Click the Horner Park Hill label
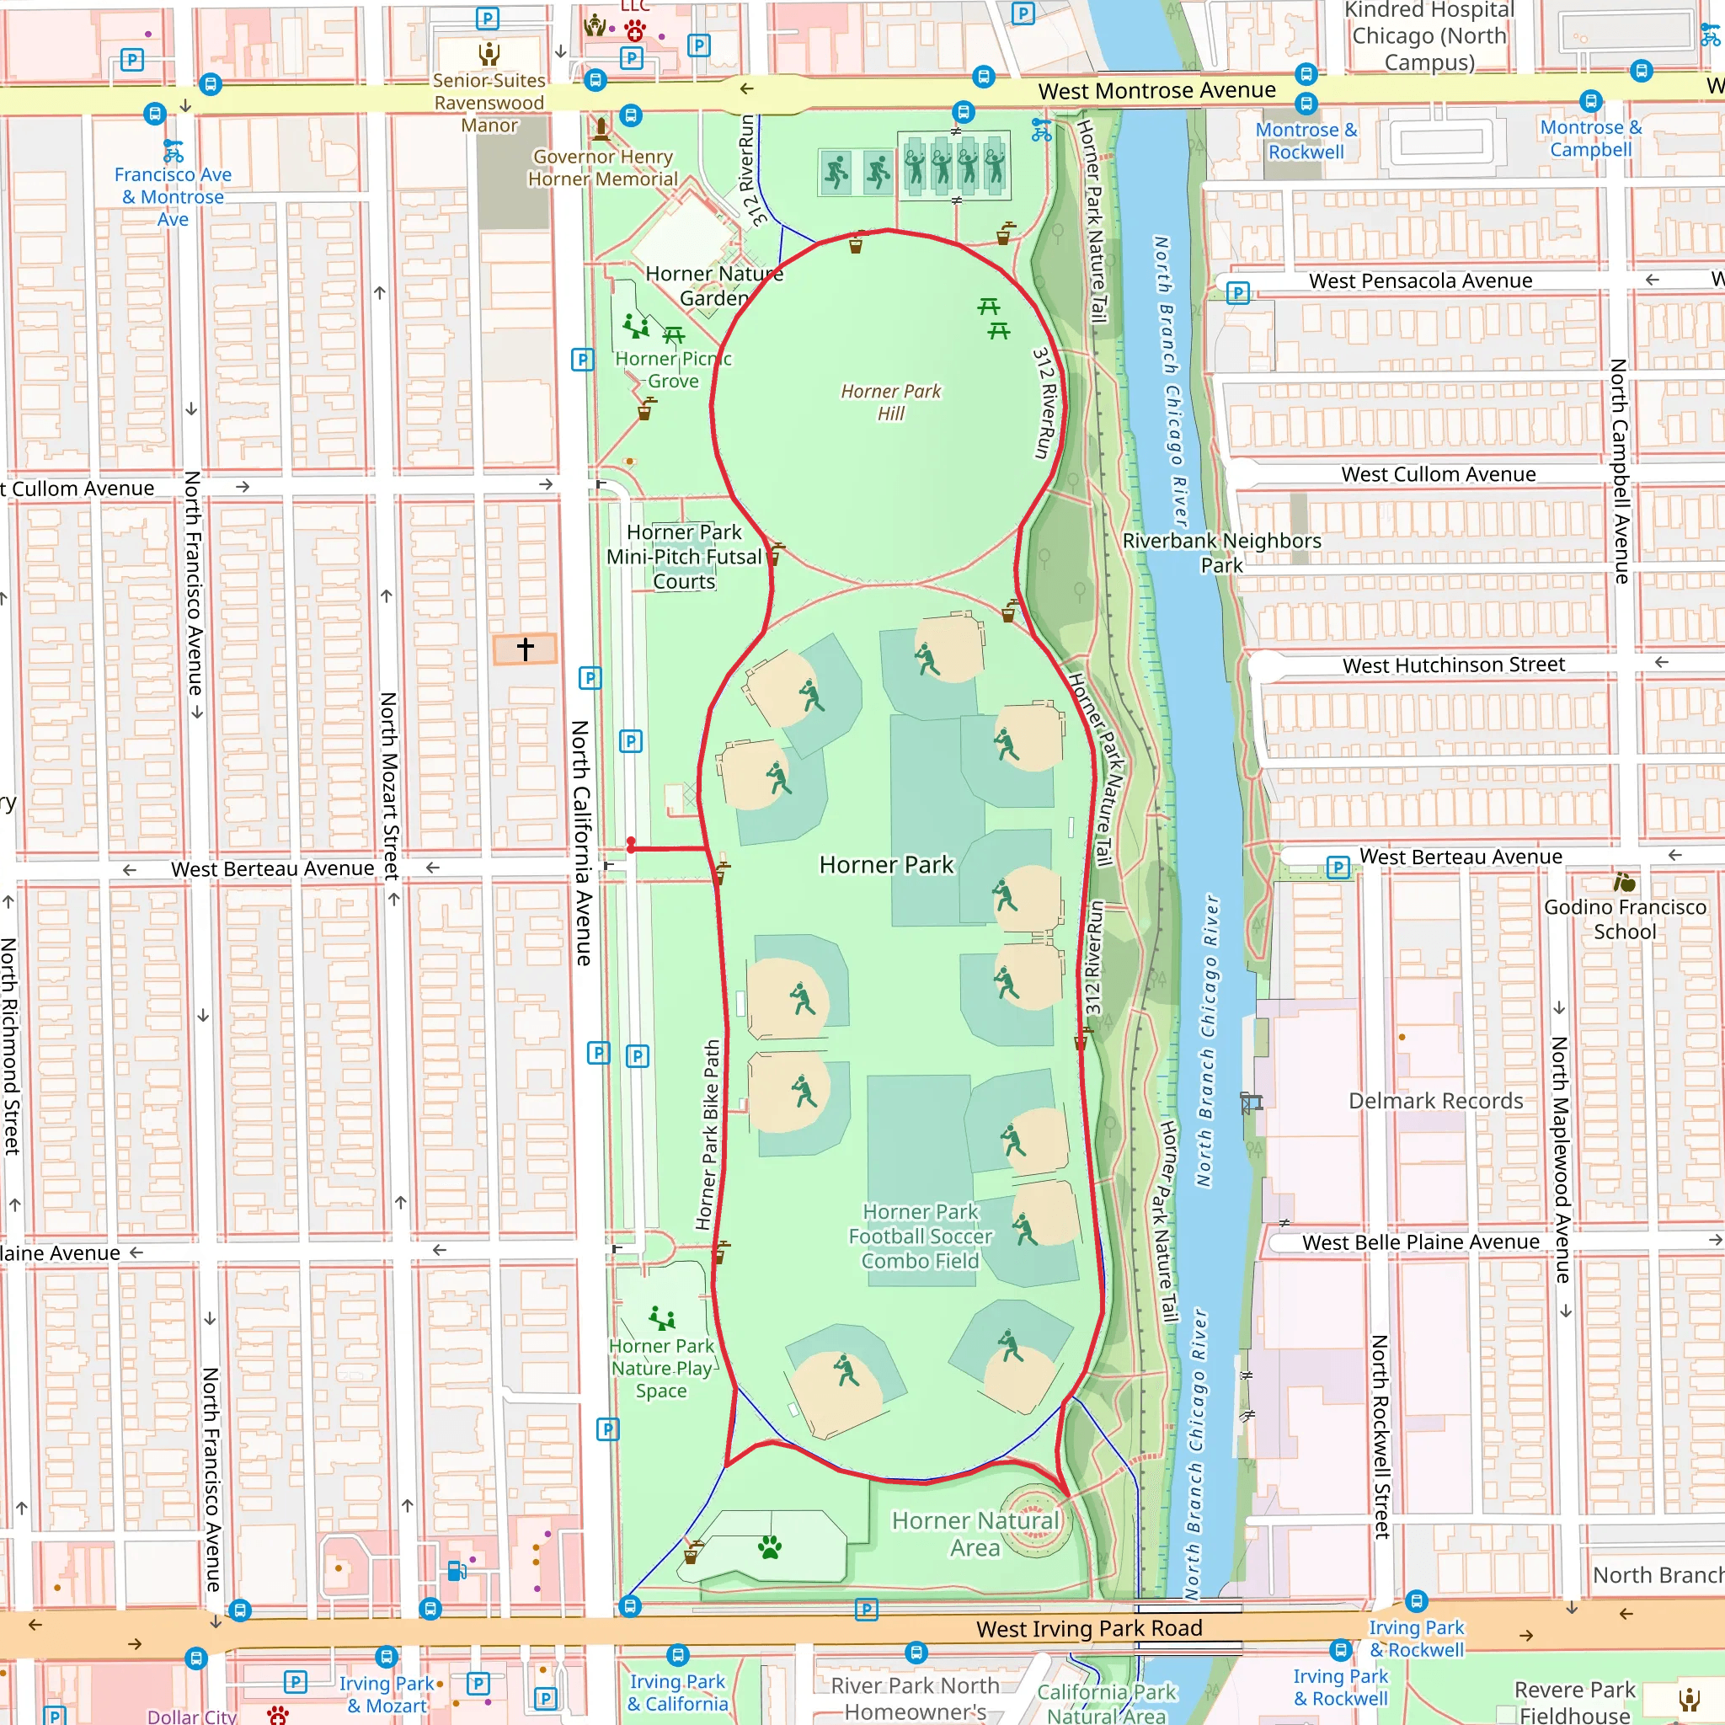click(890, 402)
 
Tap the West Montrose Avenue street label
click(1156, 91)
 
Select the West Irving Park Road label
click(1088, 1629)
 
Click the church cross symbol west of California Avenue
click(525, 649)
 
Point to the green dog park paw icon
click(770, 1547)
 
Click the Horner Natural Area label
click(975, 1534)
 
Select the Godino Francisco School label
click(1624, 919)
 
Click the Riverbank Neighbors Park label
click(1220, 553)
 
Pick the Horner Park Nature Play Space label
click(661, 1368)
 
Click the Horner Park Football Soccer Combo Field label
click(920, 1236)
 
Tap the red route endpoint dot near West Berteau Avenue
click(631, 844)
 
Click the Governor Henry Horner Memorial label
click(603, 168)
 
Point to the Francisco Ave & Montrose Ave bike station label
click(174, 196)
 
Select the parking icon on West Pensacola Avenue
click(1237, 293)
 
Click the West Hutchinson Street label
click(1453, 665)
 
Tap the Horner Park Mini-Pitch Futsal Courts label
click(684, 556)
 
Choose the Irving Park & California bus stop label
click(677, 1692)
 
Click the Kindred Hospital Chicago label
click(1429, 35)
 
